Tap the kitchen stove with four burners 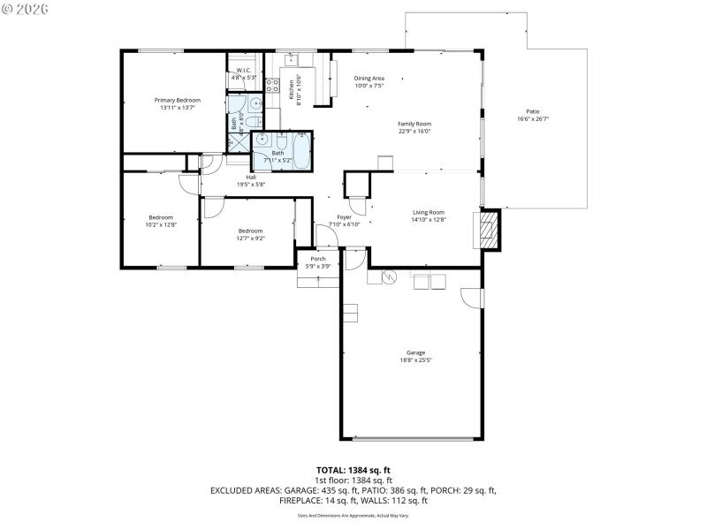(x=274, y=87)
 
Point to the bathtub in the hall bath (x=296, y=152)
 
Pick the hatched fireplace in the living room (x=489, y=231)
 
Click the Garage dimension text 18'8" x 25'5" (x=415, y=360)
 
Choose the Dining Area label (x=369, y=78)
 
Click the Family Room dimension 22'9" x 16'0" (x=414, y=132)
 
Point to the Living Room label (x=429, y=212)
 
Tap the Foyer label (x=344, y=216)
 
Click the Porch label (x=317, y=259)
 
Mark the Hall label (x=251, y=177)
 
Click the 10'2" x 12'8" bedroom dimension (x=161, y=225)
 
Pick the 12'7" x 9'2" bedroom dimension (x=251, y=238)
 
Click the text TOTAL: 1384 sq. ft (x=353, y=470)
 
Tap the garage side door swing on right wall (x=475, y=298)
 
